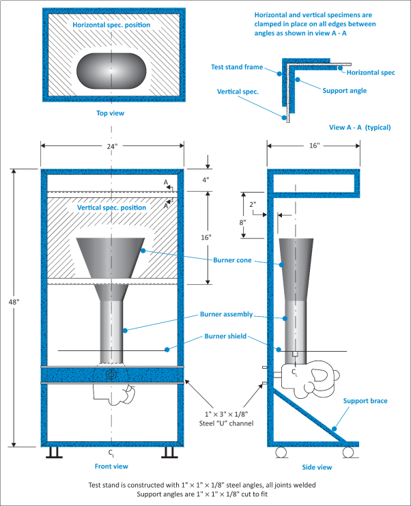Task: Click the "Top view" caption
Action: point(111,113)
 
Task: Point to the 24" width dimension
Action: point(111,145)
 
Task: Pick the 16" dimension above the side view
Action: point(313,145)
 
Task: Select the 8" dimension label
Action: point(243,221)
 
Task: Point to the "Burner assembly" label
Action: point(226,315)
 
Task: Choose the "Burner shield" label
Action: point(223,337)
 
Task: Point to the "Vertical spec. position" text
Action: point(112,206)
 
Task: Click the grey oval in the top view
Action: point(113,69)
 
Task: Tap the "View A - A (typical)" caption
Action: point(359,127)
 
